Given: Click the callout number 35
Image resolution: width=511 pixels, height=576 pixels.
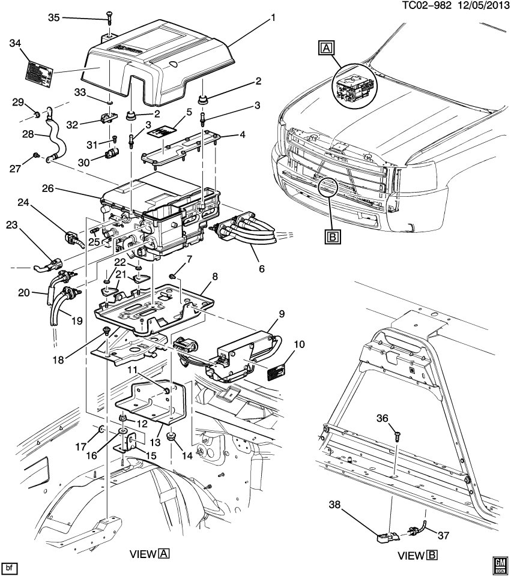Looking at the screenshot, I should click(x=54, y=17).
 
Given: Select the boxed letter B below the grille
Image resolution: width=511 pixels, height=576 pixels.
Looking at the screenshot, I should click(x=332, y=237).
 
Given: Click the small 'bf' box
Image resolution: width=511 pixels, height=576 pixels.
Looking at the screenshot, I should click(x=9, y=566).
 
